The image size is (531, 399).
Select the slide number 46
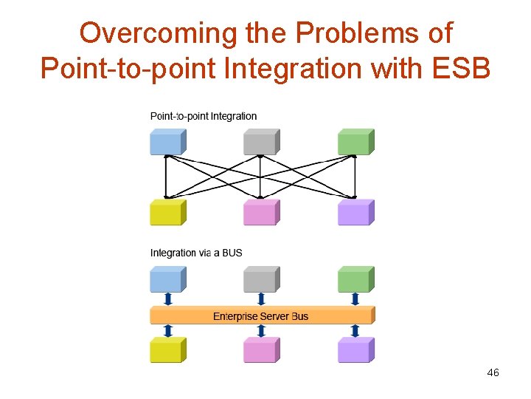(493, 373)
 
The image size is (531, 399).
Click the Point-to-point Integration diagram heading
(204, 116)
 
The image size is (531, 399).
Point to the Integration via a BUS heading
(196, 253)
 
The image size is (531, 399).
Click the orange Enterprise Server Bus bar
(262, 316)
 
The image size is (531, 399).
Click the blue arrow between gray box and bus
(261, 299)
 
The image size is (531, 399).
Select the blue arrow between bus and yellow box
(168, 331)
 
